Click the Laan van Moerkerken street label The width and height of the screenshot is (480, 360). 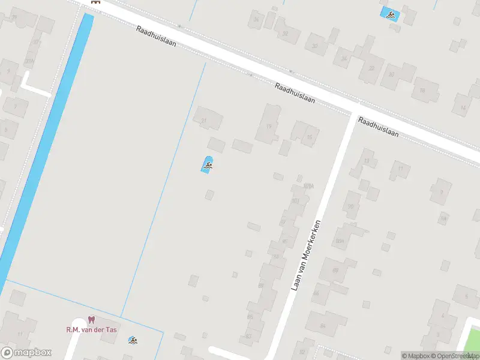(307, 256)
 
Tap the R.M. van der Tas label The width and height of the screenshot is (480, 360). (91, 329)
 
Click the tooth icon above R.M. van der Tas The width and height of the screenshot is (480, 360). (91, 320)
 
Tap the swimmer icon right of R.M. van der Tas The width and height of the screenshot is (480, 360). (133, 341)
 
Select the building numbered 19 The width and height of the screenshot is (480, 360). (269, 124)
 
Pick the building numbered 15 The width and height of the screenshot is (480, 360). (306, 134)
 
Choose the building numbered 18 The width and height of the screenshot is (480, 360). (425, 89)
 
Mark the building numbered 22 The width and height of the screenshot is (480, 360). (371, 68)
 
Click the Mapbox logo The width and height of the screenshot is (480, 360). (26, 353)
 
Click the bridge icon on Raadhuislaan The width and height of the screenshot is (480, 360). (94, 2)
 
